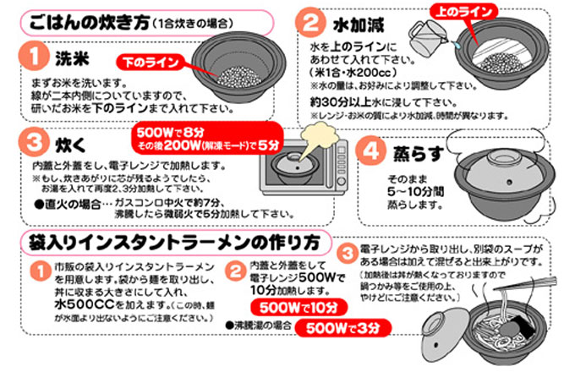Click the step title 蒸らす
tap(414, 155)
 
